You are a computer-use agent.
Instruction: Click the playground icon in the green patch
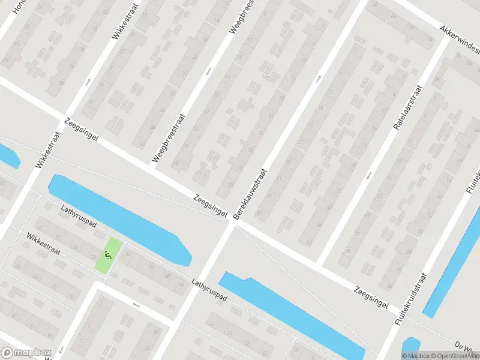click(107, 254)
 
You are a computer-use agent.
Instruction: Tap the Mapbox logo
click(27, 353)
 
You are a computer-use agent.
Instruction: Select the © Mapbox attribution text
click(416, 355)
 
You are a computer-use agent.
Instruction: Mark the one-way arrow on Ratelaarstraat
click(369, 175)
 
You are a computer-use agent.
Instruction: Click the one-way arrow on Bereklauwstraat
click(319, 77)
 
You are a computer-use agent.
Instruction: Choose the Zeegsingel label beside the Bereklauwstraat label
click(210, 206)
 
